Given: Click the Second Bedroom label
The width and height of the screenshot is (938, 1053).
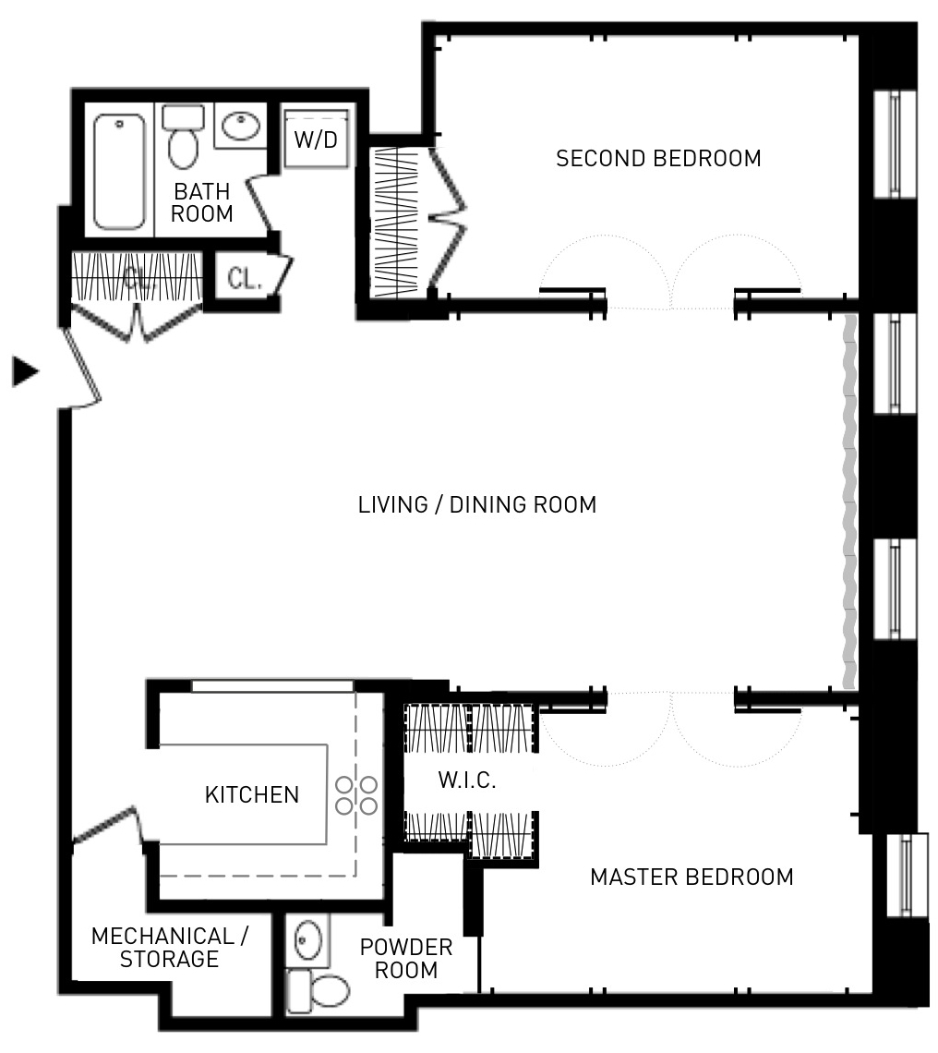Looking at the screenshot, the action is click(x=658, y=159).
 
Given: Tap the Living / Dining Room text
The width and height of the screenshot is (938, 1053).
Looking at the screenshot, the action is click(x=476, y=504).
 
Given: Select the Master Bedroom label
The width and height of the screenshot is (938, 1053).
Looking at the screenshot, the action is click(x=691, y=877).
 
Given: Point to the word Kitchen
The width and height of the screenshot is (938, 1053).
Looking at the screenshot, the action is click(x=252, y=794).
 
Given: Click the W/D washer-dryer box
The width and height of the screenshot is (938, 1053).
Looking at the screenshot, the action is click(x=317, y=139).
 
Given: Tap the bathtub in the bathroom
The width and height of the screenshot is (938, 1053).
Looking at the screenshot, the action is click(x=119, y=172).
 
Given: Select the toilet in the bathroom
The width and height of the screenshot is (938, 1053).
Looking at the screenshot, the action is click(x=183, y=137).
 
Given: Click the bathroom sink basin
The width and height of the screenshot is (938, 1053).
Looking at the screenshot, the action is click(x=241, y=126).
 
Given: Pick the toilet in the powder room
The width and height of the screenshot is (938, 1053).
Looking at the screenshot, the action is click(x=318, y=990).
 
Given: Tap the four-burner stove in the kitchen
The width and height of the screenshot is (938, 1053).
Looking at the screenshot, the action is click(x=355, y=795).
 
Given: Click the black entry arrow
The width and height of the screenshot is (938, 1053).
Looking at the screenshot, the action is click(x=26, y=371).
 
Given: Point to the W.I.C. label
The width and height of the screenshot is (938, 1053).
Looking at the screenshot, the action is click(x=466, y=780).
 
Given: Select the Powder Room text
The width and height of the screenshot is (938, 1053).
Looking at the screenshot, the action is click(x=406, y=958).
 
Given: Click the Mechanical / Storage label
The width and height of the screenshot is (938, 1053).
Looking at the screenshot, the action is click(x=170, y=947).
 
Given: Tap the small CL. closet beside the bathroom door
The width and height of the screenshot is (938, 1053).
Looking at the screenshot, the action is click(x=246, y=277).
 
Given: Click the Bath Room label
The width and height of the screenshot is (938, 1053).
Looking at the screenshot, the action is click(x=201, y=202).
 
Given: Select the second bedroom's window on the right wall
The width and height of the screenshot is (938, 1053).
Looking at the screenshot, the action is click(x=895, y=144).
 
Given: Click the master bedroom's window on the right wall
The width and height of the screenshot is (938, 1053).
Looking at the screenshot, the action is click(x=907, y=876).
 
